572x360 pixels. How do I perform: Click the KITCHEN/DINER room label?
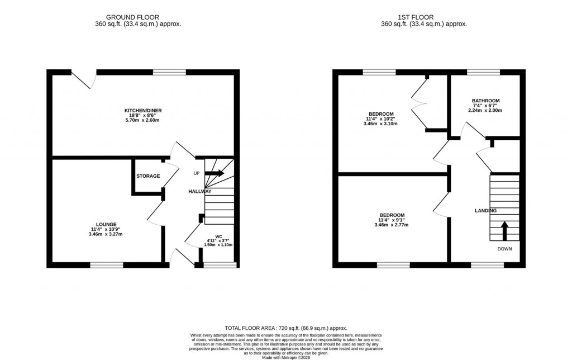[143, 111]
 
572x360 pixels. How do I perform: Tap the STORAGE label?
[148, 176]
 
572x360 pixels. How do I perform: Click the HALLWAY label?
[199, 191]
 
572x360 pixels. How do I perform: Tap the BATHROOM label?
[485, 101]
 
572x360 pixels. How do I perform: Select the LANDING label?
[485, 211]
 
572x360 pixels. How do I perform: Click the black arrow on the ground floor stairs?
[215, 173]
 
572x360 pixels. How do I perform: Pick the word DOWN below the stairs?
[504, 249]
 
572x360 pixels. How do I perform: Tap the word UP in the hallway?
[196, 173]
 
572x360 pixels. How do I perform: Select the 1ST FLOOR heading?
[423, 17]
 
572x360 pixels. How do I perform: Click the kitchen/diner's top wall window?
[169, 72]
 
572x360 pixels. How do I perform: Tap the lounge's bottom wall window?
[107, 264]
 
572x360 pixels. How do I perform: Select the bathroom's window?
[483, 72]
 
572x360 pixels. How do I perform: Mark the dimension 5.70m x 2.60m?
[143, 121]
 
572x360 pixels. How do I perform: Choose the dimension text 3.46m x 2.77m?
[392, 225]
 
